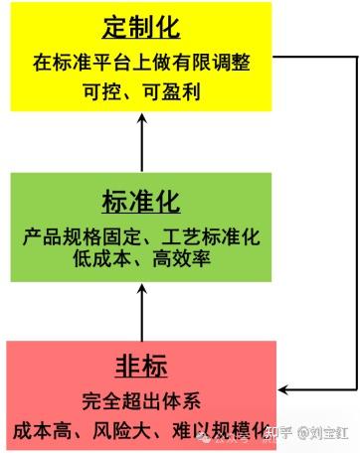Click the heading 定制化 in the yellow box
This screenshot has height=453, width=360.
(141, 28)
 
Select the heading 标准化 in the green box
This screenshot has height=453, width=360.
(141, 202)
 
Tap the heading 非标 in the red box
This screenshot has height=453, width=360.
(141, 367)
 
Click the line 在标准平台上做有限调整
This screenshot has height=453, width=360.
(141, 63)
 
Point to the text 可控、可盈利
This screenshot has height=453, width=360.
(141, 91)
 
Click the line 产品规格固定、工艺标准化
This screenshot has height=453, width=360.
(141, 236)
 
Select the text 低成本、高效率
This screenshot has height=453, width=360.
(141, 258)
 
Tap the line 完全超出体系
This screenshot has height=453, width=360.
(141, 401)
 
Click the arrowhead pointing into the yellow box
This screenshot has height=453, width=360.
(142, 118)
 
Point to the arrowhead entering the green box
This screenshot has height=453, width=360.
(142, 290)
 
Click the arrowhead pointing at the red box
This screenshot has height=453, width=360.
(283, 389)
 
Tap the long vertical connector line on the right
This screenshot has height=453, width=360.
(357, 224)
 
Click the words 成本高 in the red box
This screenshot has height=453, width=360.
(42, 430)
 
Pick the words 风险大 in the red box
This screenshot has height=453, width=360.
(121, 430)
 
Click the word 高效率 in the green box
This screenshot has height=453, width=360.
(182, 258)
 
